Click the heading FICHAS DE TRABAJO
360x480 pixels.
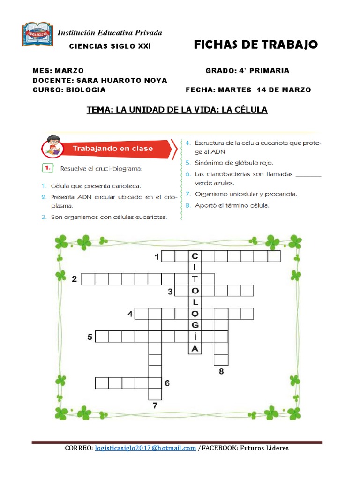click(x=256, y=45)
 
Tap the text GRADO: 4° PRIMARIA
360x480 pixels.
click(x=247, y=71)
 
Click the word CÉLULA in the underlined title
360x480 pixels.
click(x=252, y=110)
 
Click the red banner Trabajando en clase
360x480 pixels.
click(x=112, y=149)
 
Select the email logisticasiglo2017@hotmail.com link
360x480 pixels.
click(x=145, y=448)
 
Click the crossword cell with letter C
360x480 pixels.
click(x=195, y=256)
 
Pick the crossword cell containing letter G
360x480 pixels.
click(x=195, y=325)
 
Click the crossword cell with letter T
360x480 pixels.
click(x=195, y=279)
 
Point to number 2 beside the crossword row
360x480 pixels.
click(x=74, y=280)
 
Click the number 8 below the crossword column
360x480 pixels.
click(x=221, y=372)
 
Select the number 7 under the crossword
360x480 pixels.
click(x=155, y=406)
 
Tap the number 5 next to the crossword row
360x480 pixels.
click(x=89, y=337)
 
